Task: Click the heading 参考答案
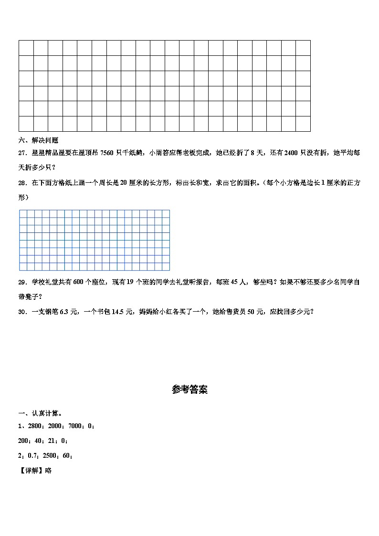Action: (x=189, y=390)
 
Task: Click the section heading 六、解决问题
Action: (x=38, y=140)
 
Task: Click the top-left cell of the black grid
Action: (x=26, y=48)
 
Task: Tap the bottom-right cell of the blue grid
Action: (x=166, y=267)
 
